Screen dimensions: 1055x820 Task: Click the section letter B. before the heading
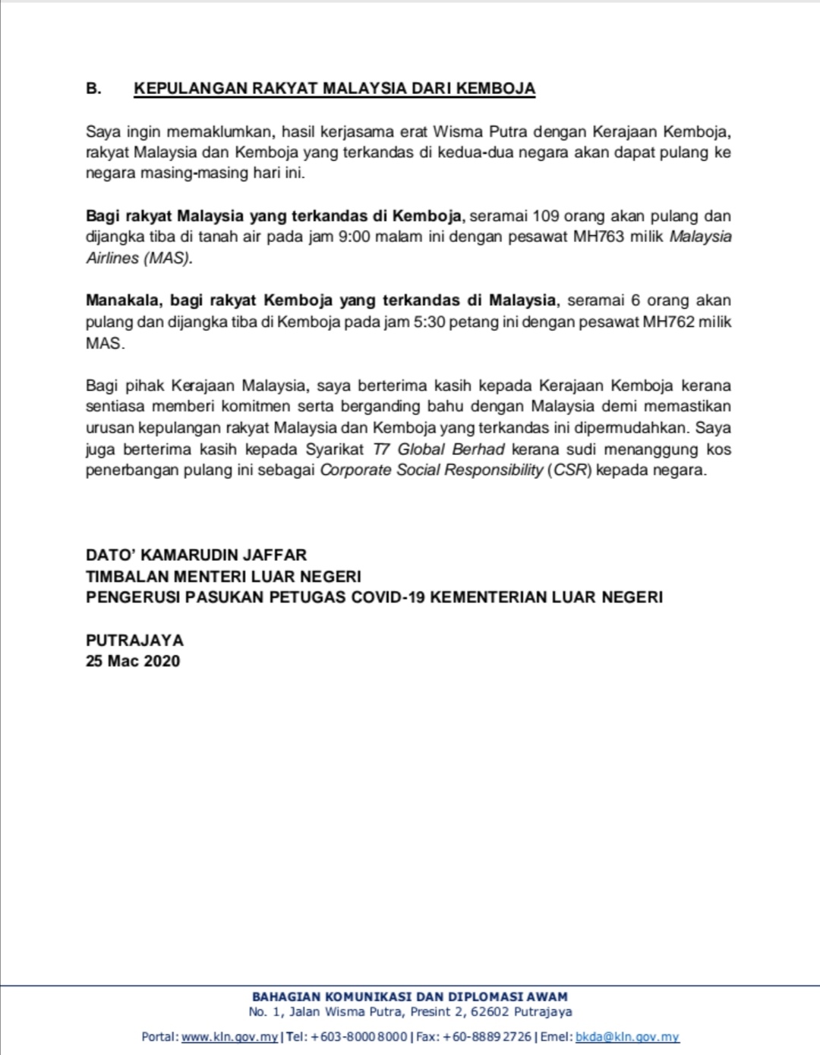pos(93,89)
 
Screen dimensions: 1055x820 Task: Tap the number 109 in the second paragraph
pos(546,216)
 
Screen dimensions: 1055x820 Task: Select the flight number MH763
pos(598,237)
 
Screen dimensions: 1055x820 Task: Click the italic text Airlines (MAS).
pos(139,258)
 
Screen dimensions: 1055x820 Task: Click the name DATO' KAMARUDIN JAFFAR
pos(196,555)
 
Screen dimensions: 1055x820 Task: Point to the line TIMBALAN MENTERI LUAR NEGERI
pos(223,576)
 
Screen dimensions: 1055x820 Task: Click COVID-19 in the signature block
pos(388,597)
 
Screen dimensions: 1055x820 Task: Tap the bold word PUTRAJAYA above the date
pos(134,640)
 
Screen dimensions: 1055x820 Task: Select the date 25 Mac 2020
pos(133,661)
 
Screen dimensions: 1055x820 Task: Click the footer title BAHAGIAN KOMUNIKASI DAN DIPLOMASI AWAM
pos(410,997)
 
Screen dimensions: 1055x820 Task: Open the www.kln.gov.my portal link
pos(230,1037)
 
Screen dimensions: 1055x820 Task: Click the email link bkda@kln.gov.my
pos(627,1037)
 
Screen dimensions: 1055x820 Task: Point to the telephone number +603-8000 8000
pos(359,1037)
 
